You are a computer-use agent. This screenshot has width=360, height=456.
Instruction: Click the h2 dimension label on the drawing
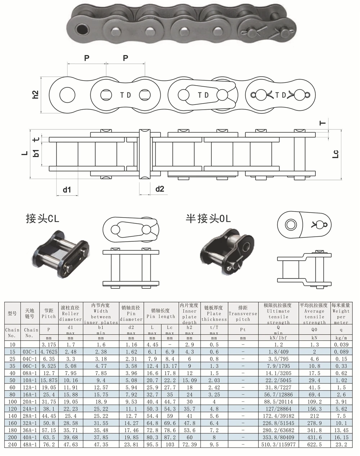35,95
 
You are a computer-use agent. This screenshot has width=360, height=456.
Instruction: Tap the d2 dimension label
159,188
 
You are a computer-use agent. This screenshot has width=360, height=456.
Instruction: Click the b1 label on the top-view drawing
36,152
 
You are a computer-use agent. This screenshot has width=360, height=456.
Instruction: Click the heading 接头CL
42,219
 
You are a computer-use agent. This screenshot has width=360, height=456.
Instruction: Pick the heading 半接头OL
208,219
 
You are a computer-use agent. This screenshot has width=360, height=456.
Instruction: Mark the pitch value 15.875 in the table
49,380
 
